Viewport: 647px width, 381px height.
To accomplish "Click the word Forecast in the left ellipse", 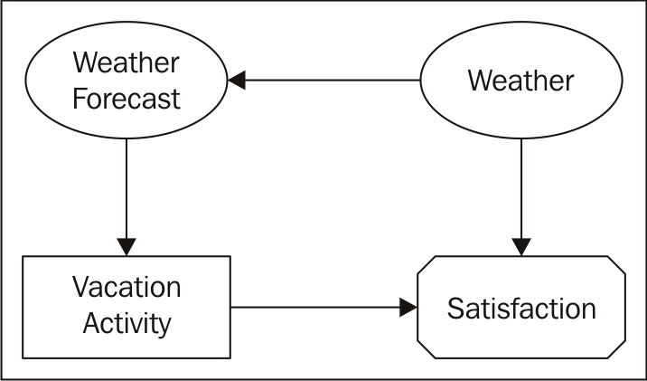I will pyautogui.click(x=127, y=97).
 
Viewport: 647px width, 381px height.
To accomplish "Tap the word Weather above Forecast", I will pyautogui.click(x=127, y=63).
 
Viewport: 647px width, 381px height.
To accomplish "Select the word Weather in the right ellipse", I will pyautogui.click(x=520, y=81).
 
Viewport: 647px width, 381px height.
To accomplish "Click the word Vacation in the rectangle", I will pyautogui.click(x=127, y=288).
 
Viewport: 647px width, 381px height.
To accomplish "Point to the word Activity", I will pyautogui.click(x=127, y=322).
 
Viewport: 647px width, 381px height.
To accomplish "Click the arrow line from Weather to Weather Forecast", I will pyautogui.click(x=334, y=81).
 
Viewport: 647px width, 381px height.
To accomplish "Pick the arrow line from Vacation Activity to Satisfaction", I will pyautogui.click(x=316, y=308).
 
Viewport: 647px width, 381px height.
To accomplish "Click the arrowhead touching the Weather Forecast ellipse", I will pyautogui.click(x=237, y=81).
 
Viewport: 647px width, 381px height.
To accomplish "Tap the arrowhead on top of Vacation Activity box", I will pyautogui.click(x=127, y=245).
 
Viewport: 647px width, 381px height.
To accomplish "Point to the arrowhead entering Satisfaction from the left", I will pyautogui.click(x=408, y=308).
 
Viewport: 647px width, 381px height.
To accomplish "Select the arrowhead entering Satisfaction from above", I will pyautogui.click(x=520, y=245).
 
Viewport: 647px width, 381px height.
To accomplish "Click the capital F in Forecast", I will pyautogui.click(x=80, y=97).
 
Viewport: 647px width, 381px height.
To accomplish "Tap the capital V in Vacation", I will pyautogui.click(x=80, y=288).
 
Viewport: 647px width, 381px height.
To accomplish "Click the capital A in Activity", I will pyautogui.click(x=90, y=322).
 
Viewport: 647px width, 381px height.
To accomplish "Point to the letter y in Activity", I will pyautogui.click(x=164, y=326).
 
